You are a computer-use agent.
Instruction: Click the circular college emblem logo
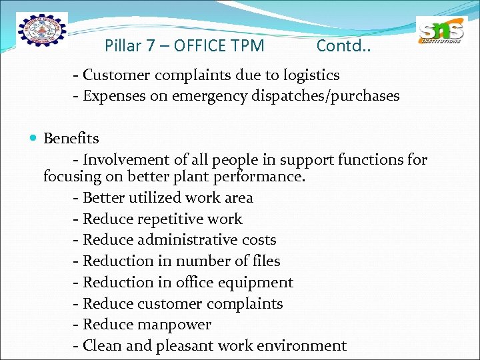(42, 32)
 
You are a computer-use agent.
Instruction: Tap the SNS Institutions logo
(441, 32)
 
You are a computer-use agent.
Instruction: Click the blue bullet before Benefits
(34, 139)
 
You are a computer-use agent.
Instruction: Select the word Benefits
(71, 139)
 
